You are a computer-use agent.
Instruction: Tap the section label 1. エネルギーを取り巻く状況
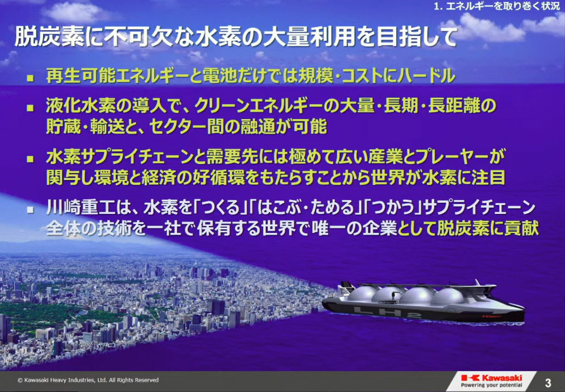pyautogui.click(x=497, y=7)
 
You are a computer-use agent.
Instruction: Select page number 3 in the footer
pyautogui.click(x=548, y=383)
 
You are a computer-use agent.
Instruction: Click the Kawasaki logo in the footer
pyautogui.click(x=492, y=377)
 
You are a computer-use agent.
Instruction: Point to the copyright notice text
pyautogui.click(x=88, y=380)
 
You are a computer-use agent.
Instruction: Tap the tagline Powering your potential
pyautogui.click(x=492, y=385)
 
